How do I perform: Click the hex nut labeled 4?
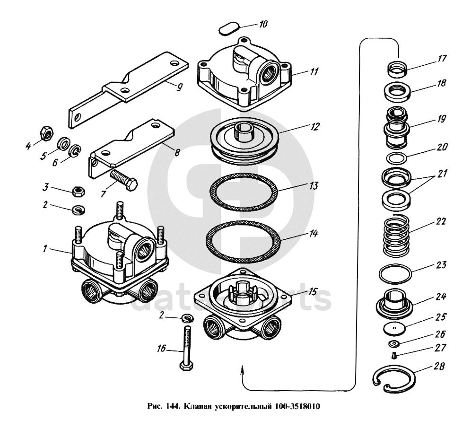pos(46,133)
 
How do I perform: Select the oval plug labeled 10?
pos(229,28)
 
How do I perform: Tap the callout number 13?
pos(314,185)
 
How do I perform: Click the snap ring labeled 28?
pos(394,379)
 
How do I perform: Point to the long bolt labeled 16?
pos(186,348)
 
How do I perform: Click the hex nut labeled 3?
pos(78,191)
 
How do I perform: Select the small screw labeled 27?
pos(394,356)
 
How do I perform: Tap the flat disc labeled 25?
pos(395,328)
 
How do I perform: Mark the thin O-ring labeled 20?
pos(397,158)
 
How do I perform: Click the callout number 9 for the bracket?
pos(179,87)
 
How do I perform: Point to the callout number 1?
pos(44,249)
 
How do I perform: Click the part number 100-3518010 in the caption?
pos(297,407)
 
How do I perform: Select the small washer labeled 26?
pos(393,343)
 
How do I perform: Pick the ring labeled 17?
pos(397,69)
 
